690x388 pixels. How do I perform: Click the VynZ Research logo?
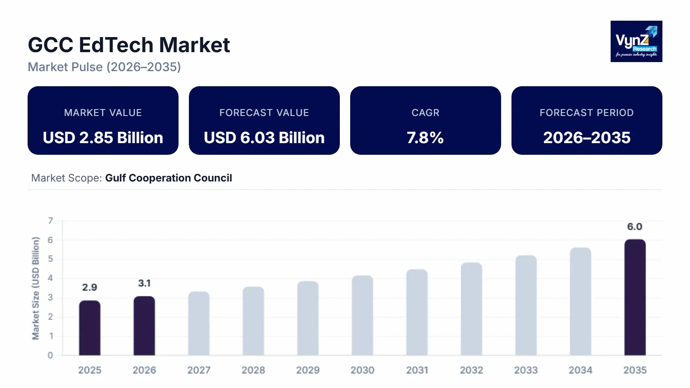pyautogui.click(x=636, y=41)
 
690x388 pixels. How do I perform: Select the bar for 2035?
pyautogui.click(x=635, y=297)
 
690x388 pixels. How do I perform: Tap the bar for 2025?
pyautogui.click(x=90, y=328)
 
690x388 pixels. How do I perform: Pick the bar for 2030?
pyautogui.click(x=362, y=316)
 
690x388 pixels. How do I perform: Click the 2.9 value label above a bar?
pyautogui.click(x=90, y=288)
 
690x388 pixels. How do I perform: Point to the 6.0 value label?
pyautogui.click(x=634, y=227)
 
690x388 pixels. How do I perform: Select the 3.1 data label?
pyautogui.click(x=144, y=283)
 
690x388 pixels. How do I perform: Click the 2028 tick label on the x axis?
pyautogui.click(x=253, y=370)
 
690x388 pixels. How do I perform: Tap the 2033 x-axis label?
pyautogui.click(x=526, y=370)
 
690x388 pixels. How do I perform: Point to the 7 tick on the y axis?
pyautogui.click(x=50, y=221)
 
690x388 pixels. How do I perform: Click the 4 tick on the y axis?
pyautogui.click(x=50, y=278)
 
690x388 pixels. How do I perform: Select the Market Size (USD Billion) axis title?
pyautogui.click(x=36, y=288)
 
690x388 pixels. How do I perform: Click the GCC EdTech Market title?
pyautogui.click(x=129, y=45)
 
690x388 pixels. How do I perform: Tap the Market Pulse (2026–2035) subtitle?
pyautogui.click(x=104, y=67)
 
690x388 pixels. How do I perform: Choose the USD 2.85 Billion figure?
pyautogui.click(x=103, y=138)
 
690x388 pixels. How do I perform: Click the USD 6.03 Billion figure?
pyautogui.click(x=264, y=138)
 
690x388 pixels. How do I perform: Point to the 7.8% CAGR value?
pyautogui.click(x=425, y=138)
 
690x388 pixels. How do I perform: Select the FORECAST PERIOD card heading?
pyautogui.click(x=586, y=113)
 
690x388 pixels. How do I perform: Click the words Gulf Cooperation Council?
pyautogui.click(x=169, y=178)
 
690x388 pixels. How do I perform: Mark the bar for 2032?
pyautogui.click(x=471, y=309)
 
